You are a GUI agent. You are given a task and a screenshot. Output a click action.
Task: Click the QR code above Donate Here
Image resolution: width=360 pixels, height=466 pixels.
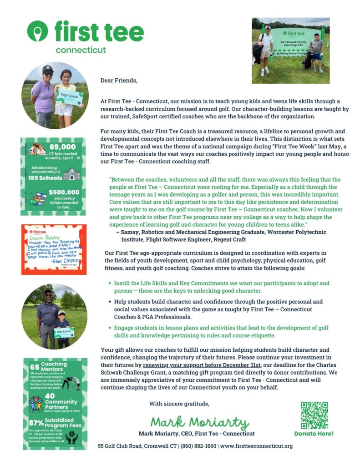point(314,415)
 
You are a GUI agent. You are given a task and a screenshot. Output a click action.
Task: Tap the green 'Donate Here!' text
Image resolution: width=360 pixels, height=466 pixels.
point(314,434)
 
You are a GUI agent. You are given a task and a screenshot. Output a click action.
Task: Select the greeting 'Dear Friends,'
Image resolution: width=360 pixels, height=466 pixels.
point(118,81)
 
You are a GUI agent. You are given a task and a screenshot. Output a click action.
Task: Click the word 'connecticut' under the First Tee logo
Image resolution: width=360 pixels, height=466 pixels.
point(81,50)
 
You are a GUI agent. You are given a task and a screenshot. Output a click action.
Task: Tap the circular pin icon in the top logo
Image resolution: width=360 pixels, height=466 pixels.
point(37,31)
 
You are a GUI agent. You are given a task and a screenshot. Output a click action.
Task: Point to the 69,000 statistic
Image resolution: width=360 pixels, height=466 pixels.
point(62,147)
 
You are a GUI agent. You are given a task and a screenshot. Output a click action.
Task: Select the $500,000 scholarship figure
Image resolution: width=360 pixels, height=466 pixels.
point(64,192)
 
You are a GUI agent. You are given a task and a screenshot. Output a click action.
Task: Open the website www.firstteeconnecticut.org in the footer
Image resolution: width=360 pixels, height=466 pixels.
point(256,446)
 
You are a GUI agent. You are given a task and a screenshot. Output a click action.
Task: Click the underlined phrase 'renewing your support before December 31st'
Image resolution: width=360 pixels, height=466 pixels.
point(202,365)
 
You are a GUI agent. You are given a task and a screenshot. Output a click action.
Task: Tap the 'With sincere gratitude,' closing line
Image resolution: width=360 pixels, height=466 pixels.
point(179,403)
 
